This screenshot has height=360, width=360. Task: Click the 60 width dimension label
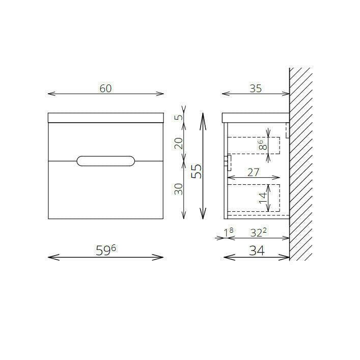coord(105,89)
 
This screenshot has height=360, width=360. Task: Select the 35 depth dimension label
coord(256,89)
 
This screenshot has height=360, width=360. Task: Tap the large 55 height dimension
coord(197,171)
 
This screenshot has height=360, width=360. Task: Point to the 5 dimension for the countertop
coord(179,117)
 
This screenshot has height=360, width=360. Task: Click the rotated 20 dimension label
coord(179,143)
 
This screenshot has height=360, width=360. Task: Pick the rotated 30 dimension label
coord(179,189)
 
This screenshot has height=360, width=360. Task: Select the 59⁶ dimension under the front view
coord(106,250)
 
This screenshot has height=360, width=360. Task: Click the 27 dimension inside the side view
coord(253,173)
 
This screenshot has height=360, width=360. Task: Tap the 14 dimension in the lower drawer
coord(263,198)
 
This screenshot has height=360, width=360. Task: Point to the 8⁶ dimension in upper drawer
coord(263,145)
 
